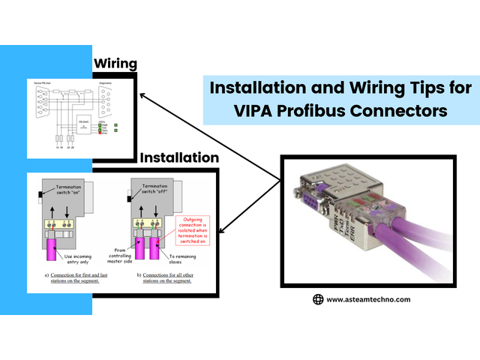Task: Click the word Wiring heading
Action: [114, 64]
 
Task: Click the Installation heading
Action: [179, 158]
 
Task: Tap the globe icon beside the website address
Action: [318, 299]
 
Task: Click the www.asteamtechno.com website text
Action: [368, 299]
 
